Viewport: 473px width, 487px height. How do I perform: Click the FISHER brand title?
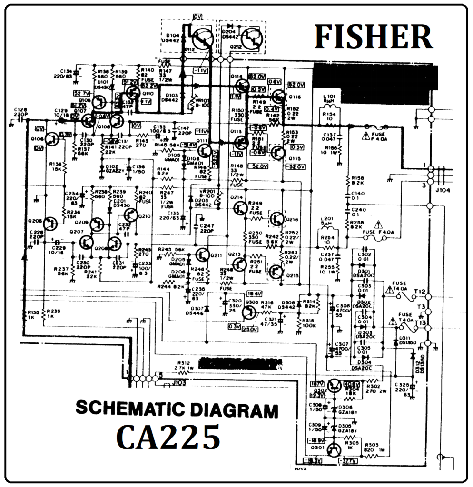click(373, 37)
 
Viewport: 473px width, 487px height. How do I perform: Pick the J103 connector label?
click(179, 382)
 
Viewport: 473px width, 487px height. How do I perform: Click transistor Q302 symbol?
click(335, 385)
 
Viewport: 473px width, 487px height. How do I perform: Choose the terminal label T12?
click(420, 292)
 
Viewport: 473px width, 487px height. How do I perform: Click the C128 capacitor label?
click(21, 110)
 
